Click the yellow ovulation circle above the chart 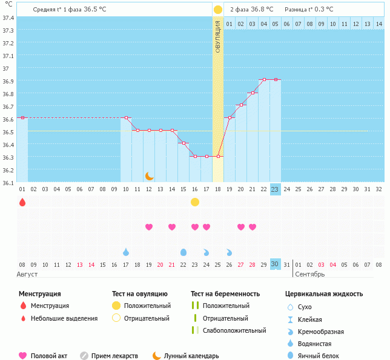218,10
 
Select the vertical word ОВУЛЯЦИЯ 218,36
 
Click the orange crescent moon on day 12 149,175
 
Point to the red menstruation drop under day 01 22,202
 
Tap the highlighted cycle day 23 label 275,189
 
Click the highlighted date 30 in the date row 275,264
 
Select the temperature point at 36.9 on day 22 264,79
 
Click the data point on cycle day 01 22,117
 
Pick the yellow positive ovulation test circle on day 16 195,201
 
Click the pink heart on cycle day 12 149,227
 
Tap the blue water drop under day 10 126,252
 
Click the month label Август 28,274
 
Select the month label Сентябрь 310,274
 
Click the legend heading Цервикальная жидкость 324,294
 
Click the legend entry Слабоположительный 234,330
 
